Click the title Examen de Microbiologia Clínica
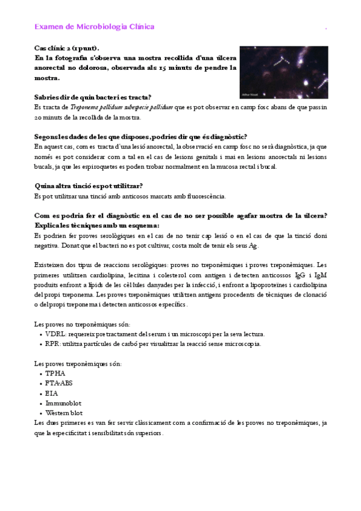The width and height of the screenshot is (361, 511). (94, 27)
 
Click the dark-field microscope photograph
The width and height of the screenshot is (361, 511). (283, 72)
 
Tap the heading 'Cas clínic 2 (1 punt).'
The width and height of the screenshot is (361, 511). (67, 48)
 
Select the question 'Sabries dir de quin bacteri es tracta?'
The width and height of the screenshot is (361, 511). (93, 97)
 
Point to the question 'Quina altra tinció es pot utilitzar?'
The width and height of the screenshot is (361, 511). (91, 186)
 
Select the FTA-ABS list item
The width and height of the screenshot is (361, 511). (59, 383)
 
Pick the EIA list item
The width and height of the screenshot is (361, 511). (52, 393)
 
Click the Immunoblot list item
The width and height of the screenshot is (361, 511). (63, 403)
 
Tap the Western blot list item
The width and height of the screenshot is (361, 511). (64, 413)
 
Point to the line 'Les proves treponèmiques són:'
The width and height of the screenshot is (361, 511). (78, 363)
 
